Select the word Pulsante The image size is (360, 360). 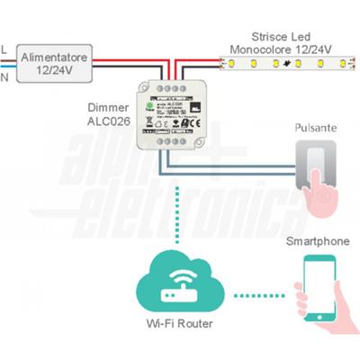click(315, 129)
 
